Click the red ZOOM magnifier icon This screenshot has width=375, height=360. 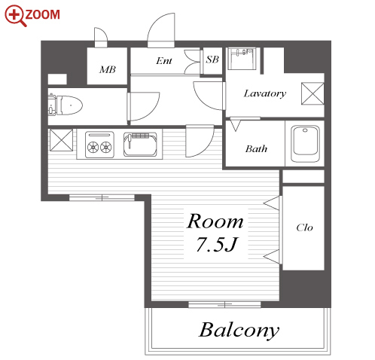[x=15, y=15]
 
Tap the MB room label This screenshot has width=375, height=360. [x=108, y=69]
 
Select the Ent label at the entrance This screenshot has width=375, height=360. [x=164, y=60]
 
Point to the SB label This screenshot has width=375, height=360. [x=212, y=59]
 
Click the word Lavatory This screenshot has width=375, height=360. [x=265, y=93]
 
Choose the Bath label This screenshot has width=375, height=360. [x=256, y=148]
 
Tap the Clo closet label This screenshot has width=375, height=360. [x=304, y=227]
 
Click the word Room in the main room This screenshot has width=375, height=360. [x=215, y=221]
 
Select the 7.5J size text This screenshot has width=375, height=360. [x=216, y=244]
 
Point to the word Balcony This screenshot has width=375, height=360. [x=239, y=331]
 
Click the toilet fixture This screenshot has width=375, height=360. [x=66, y=105]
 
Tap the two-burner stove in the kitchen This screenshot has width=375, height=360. [x=99, y=145]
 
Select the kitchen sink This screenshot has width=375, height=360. [x=140, y=144]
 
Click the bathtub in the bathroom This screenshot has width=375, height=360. [x=305, y=144]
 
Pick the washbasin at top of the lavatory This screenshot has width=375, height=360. [x=242, y=59]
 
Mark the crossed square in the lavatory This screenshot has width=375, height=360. [x=312, y=93]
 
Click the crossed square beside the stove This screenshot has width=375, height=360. [x=61, y=140]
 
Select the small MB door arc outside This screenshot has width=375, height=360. [x=101, y=37]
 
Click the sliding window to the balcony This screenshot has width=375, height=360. [x=224, y=305]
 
